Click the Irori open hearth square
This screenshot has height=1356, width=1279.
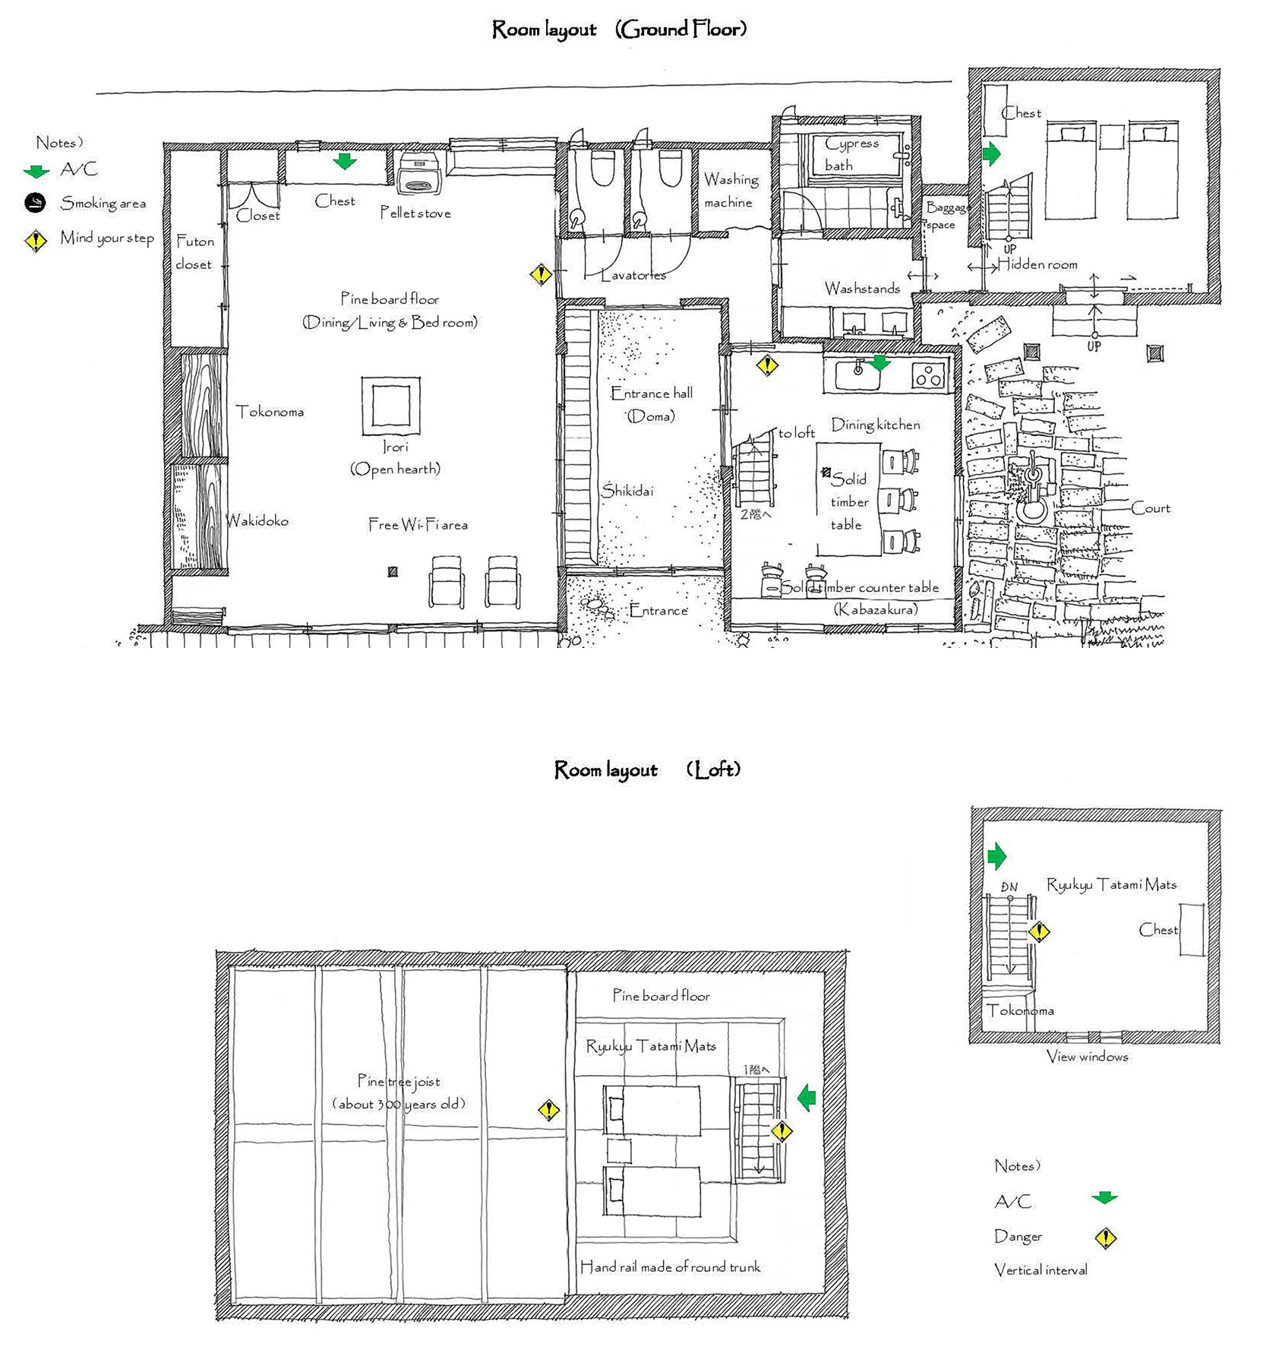pyautogui.click(x=390, y=406)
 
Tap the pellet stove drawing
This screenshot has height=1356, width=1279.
pyautogui.click(x=418, y=173)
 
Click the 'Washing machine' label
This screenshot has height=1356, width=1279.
pyautogui.click(x=730, y=191)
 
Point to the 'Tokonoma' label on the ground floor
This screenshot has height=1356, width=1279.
pyautogui.click(x=270, y=412)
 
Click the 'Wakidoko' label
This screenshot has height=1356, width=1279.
pyautogui.click(x=257, y=521)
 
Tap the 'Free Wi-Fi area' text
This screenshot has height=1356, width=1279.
pyautogui.click(x=418, y=525)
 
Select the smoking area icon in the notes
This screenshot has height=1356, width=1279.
pyautogui.click(x=36, y=203)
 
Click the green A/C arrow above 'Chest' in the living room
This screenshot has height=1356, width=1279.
pyautogui.click(x=345, y=161)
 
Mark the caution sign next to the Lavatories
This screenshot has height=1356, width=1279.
pyautogui.click(x=541, y=273)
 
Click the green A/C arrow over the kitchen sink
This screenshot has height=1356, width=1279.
pyautogui.click(x=880, y=363)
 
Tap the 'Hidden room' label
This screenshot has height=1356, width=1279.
pyautogui.click(x=1037, y=264)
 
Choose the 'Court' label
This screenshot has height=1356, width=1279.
pyautogui.click(x=1151, y=508)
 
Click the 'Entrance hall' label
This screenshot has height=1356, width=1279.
pyautogui.click(x=652, y=394)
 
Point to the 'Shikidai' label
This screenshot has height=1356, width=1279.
pyautogui.click(x=627, y=491)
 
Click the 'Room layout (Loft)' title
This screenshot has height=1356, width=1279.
pyautogui.click(x=647, y=770)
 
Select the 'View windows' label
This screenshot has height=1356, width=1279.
pyautogui.click(x=1087, y=1057)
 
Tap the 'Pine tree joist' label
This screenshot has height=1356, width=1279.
pyautogui.click(x=399, y=1081)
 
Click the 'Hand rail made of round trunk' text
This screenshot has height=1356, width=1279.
pyautogui.click(x=670, y=1266)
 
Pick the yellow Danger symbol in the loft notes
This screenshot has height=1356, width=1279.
pyautogui.click(x=1106, y=1238)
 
